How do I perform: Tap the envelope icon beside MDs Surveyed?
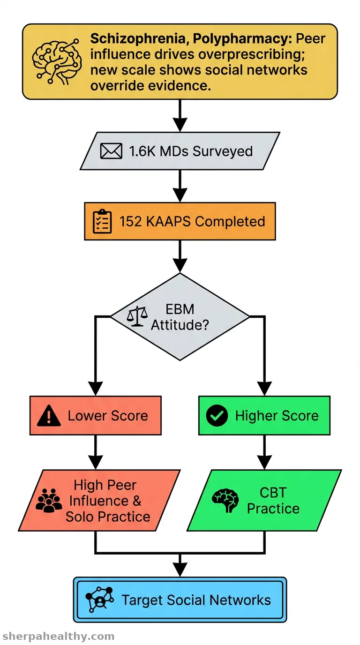click(111, 151)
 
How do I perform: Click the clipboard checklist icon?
click(102, 221)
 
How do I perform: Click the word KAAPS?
click(168, 221)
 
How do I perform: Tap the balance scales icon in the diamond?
click(137, 316)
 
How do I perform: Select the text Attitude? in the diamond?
click(180, 325)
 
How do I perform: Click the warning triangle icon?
click(49, 415)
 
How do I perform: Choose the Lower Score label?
click(108, 416)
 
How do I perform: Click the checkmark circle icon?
click(217, 415)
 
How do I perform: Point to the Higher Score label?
click(277, 416)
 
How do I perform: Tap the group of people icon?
click(49, 501)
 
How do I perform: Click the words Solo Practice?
click(108, 517)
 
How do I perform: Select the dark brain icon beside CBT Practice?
click(225, 500)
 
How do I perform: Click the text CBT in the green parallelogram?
click(273, 492)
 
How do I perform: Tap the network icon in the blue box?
click(100, 600)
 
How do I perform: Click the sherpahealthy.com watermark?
click(59, 636)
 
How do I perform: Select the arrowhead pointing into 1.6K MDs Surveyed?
click(180, 125)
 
